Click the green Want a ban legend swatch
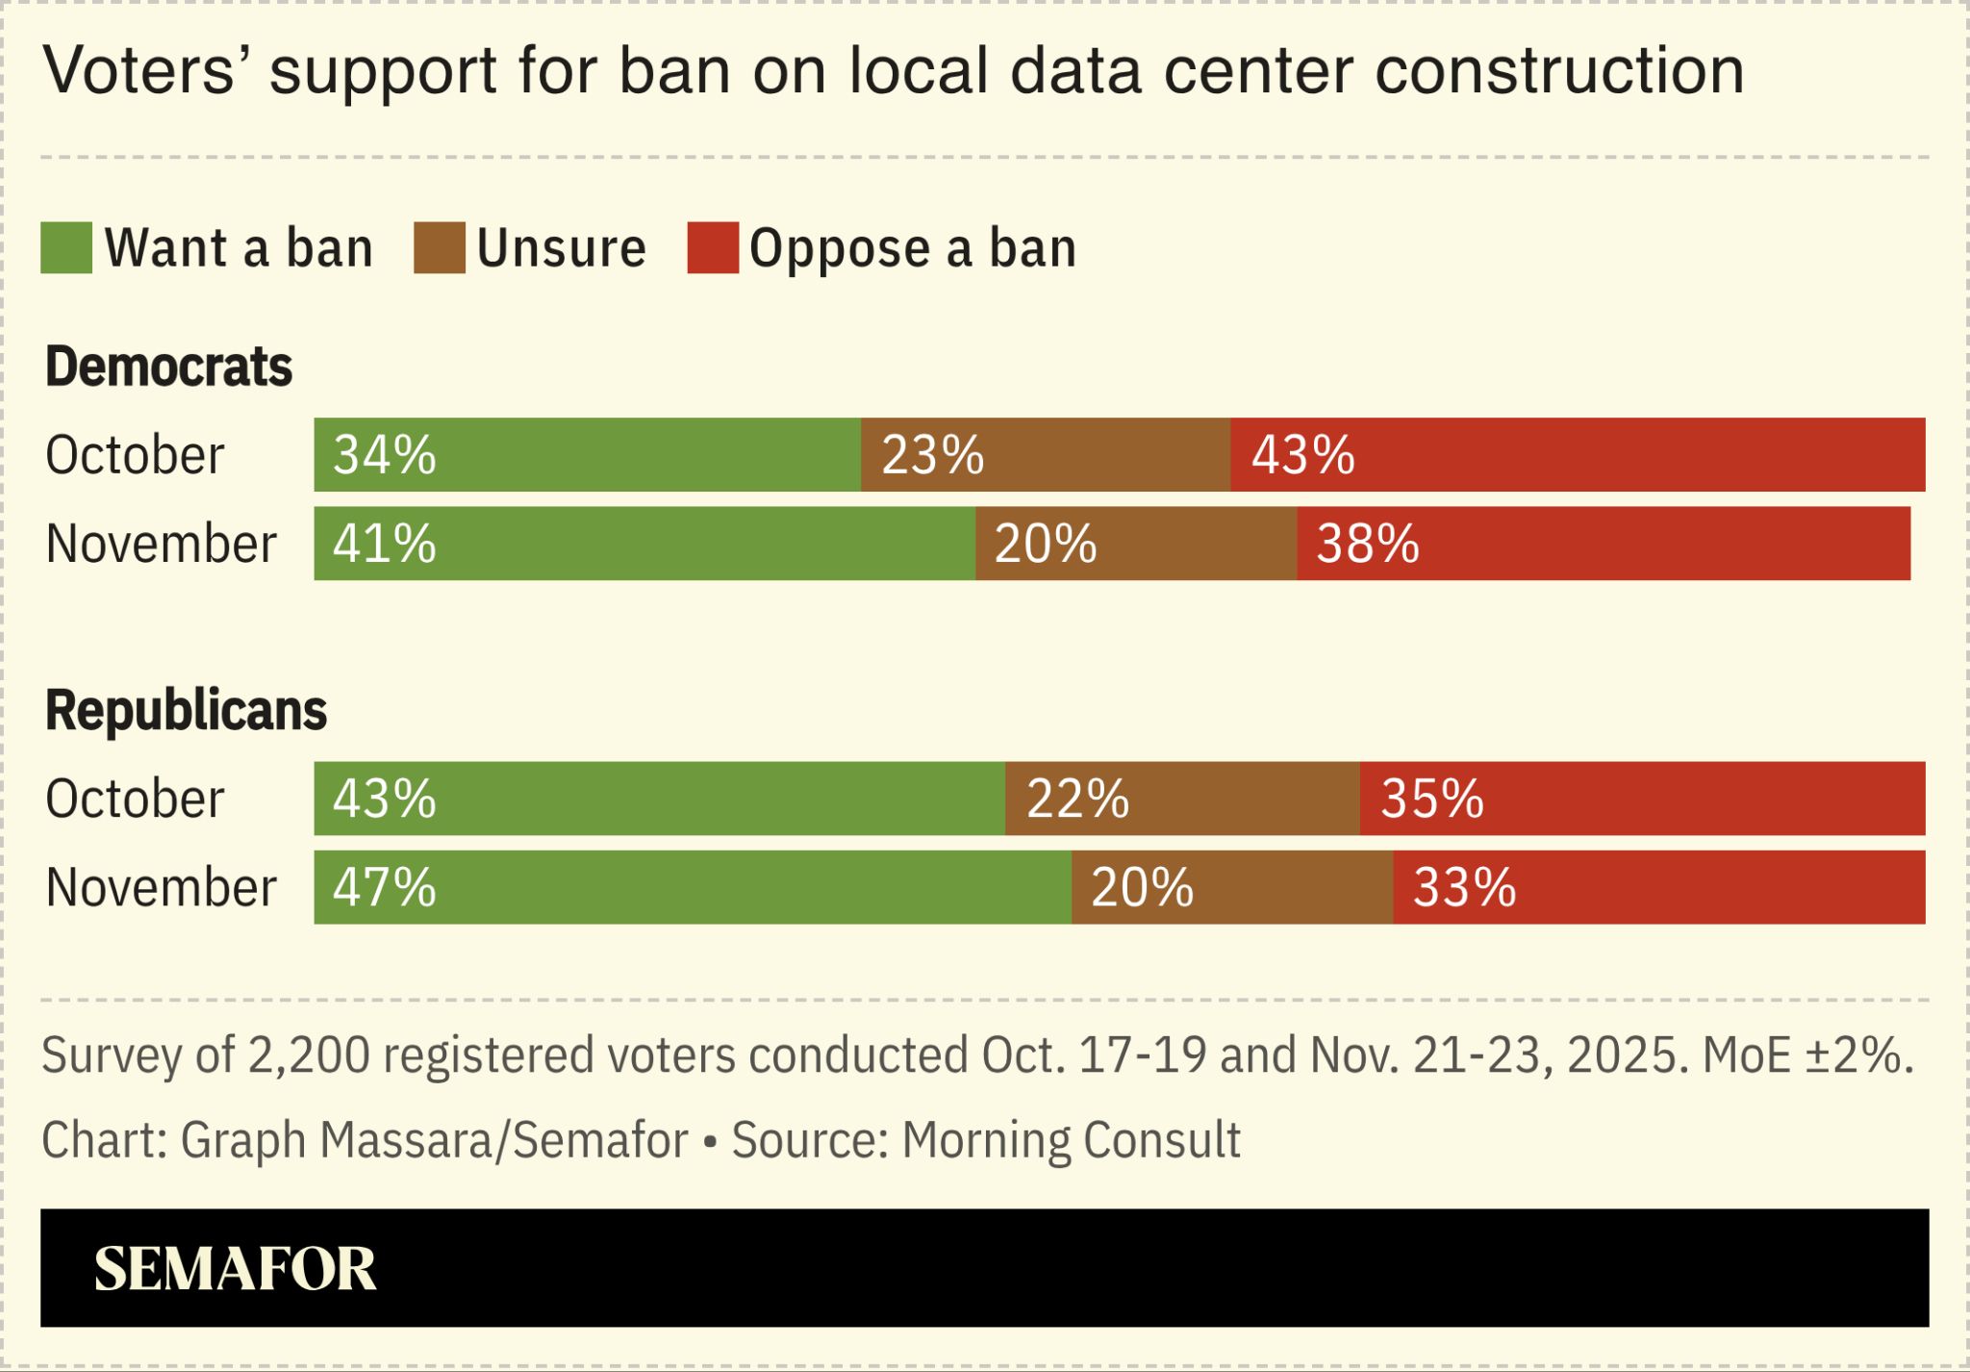pyautogui.click(x=66, y=248)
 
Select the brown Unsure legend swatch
pyautogui.click(x=440, y=248)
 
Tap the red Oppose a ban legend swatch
pyautogui.click(x=713, y=248)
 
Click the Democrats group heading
pyautogui.click(x=168, y=367)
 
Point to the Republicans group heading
pyautogui.click(x=186, y=710)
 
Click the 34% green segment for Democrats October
pyautogui.click(x=587, y=454)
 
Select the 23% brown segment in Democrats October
pyautogui.click(x=1045, y=454)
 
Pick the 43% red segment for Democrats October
pyautogui.click(x=1578, y=454)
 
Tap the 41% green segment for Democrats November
pyautogui.click(x=644, y=544)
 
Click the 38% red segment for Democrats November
pyautogui.click(x=1604, y=544)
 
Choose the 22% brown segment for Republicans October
pyautogui.click(x=1182, y=799)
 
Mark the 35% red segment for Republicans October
pyautogui.click(x=1642, y=799)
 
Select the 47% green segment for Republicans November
pyautogui.click(x=693, y=887)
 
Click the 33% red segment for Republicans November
pyautogui.click(x=1658, y=887)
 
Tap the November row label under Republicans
pyautogui.click(x=161, y=887)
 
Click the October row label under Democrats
pyautogui.click(x=135, y=454)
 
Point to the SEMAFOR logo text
pyautogui.click(x=235, y=1268)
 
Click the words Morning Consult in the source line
pyautogui.click(x=1071, y=1140)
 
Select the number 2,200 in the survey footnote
pyautogui.click(x=308, y=1055)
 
